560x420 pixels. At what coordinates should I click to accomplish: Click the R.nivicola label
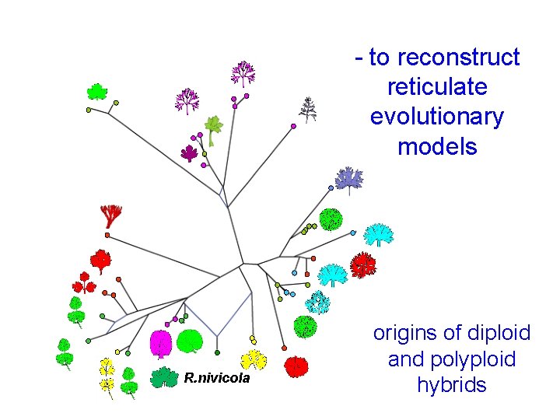click(x=217, y=379)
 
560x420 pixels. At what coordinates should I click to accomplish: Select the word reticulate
click(x=436, y=86)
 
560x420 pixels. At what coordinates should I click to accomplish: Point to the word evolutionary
click(x=436, y=117)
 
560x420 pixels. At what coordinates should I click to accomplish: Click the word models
click(x=436, y=146)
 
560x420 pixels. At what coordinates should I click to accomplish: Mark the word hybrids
click(x=451, y=384)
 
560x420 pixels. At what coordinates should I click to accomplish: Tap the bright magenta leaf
click(x=160, y=344)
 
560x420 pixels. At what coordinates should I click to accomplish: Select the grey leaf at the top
click(x=309, y=109)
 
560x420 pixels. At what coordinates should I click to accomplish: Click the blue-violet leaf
click(x=348, y=179)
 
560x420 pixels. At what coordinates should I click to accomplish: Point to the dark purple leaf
click(x=189, y=152)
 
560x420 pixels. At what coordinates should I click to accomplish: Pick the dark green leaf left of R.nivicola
click(x=163, y=377)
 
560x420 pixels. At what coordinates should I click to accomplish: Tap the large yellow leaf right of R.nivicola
click(x=254, y=359)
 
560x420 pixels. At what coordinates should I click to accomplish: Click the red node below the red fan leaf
click(x=107, y=234)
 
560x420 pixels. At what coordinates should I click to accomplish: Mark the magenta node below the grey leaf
click(x=293, y=126)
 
